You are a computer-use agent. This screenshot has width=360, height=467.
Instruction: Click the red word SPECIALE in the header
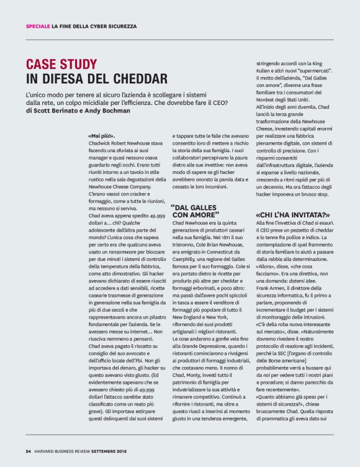(37, 25)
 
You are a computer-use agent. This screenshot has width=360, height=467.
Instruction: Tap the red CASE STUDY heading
(61, 63)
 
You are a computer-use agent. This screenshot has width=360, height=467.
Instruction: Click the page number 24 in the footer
(28, 450)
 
